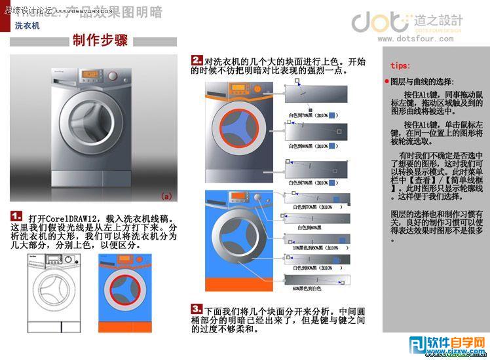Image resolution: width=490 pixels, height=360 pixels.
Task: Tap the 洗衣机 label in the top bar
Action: point(28,26)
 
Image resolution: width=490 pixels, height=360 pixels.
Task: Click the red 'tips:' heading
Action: point(400,65)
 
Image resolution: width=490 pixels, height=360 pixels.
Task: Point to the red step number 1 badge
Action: point(17,216)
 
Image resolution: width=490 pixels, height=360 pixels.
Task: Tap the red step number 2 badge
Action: point(197,60)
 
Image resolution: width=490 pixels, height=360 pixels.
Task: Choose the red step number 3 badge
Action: point(197,308)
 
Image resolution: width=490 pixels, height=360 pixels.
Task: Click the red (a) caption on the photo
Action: point(166,196)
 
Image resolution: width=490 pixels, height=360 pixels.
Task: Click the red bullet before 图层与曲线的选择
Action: point(386,82)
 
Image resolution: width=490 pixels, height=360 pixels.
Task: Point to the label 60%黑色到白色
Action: point(306,288)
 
